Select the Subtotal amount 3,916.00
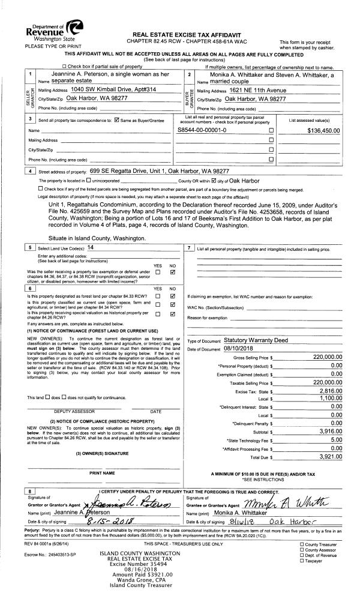pyautogui.click(x=331, y=431)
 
